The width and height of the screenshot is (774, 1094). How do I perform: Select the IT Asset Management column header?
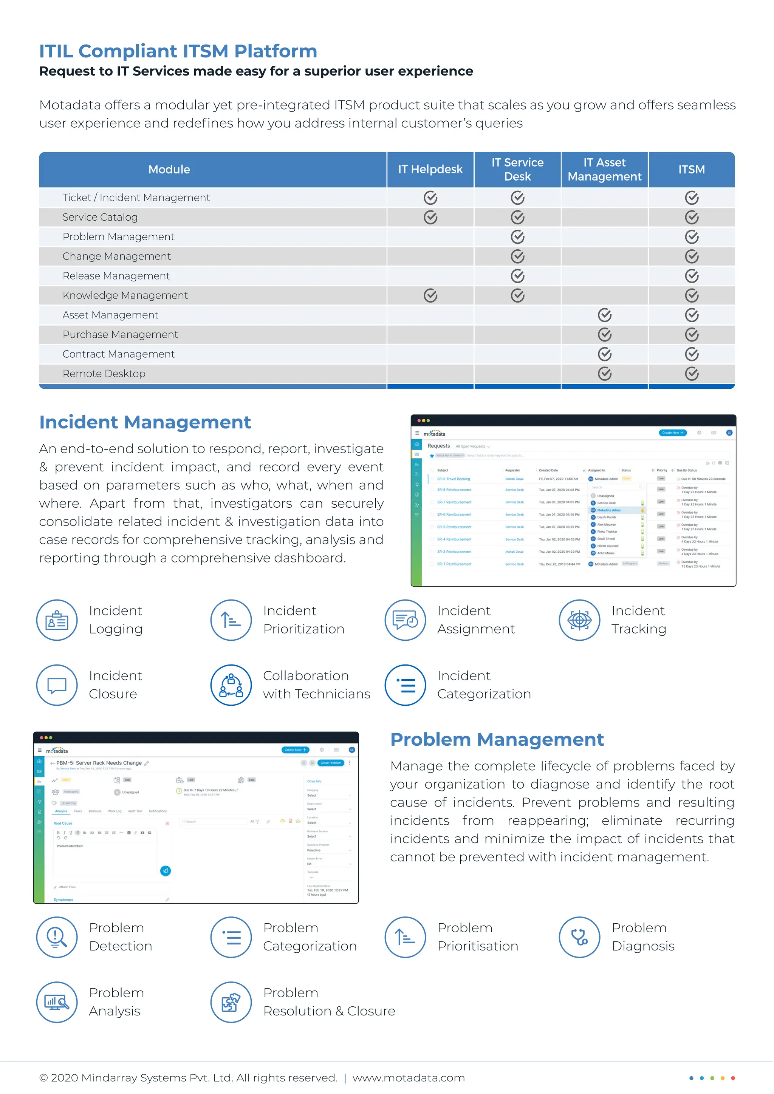click(604, 169)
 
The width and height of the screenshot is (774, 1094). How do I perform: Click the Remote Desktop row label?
click(104, 374)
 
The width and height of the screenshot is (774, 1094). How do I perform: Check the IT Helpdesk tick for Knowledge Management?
click(430, 295)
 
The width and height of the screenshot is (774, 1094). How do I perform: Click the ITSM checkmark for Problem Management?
click(692, 237)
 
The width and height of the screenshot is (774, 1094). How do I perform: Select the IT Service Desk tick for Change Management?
click(518, 257)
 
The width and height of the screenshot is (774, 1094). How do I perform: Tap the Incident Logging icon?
click(57, 620)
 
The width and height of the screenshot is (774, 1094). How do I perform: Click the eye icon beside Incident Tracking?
click(579, 620)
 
